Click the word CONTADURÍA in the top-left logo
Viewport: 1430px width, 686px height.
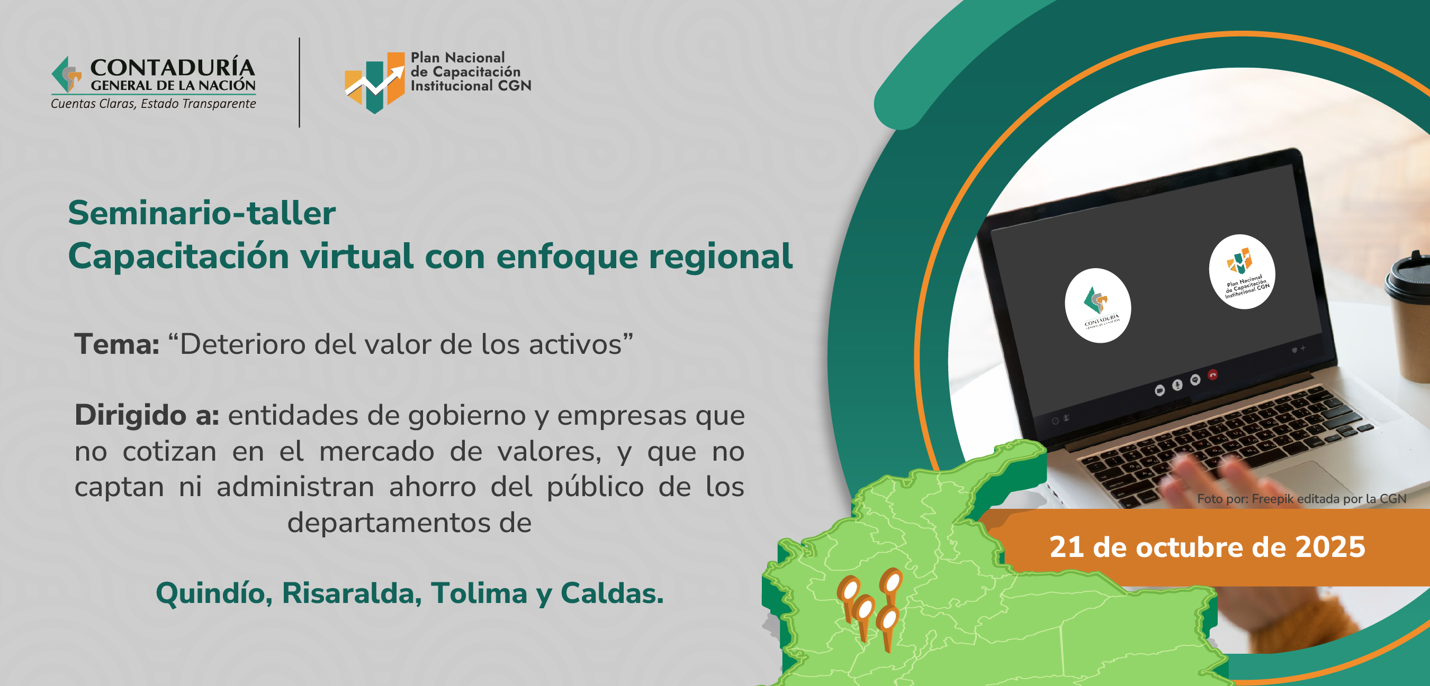click(x=173, y=67)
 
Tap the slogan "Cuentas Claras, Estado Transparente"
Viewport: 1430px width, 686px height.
click(x=153, y=104)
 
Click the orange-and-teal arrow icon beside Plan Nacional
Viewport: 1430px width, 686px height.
click(x=375, y=83)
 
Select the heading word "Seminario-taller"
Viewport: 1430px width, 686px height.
click(x=202, y=213)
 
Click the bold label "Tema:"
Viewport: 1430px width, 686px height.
click(x=117, y=344)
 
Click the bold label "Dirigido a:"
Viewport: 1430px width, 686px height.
click(x=147, y=415)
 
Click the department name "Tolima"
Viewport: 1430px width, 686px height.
click(x=479, y=593)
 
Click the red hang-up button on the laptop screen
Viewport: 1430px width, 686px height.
click(x=1213, y=376)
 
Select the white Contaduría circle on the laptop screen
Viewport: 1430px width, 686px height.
click(x=1098, y=306)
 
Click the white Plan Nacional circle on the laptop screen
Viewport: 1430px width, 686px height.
click(x=1242, y=272)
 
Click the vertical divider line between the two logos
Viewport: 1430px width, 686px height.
click(x=299, y=83)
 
